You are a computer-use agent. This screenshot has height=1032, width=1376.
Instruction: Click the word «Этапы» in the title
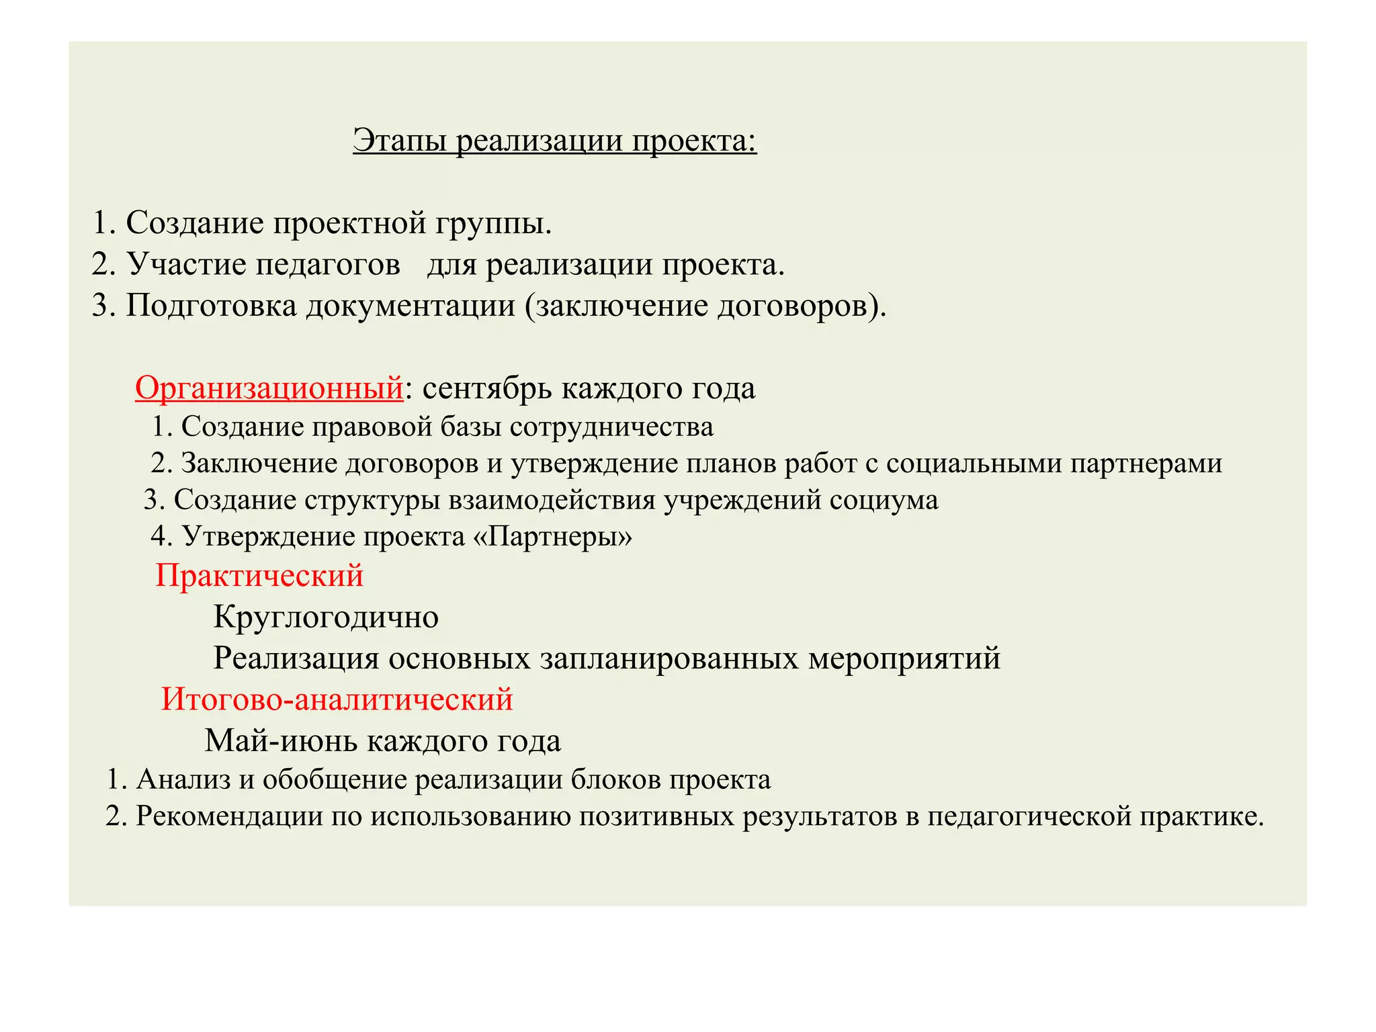click(400, 141)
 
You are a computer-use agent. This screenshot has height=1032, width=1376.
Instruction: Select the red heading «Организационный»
click(269, 388)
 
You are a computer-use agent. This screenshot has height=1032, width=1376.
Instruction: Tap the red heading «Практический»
click(259, 576)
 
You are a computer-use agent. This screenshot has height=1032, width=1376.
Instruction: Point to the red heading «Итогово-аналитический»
click(337, 699)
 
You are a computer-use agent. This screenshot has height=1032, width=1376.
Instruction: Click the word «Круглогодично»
click(326, 617)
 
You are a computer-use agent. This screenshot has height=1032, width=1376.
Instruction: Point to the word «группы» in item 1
click(492, 223)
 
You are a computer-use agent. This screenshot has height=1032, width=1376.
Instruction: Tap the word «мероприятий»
click(904, 658)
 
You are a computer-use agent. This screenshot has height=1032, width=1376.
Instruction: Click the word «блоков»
click(615, 779)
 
